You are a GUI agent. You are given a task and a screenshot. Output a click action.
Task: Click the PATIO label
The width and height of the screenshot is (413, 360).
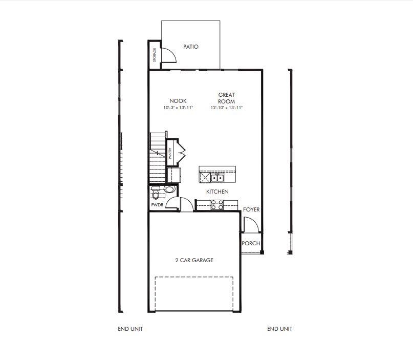pyautogui.click(x=191, y=47)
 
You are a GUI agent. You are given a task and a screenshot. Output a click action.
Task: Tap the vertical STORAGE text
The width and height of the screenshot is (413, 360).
pyautogui.click(x=154, y=55)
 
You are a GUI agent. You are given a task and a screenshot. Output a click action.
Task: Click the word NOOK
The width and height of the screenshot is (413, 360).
pyautogui.click(x=178, y=101)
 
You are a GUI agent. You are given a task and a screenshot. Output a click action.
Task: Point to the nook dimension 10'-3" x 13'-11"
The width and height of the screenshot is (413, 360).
pyautogui.click(x=178, y=108)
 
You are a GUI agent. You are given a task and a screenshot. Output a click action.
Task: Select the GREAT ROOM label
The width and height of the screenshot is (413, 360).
pyautogui.click(x=226, y=98)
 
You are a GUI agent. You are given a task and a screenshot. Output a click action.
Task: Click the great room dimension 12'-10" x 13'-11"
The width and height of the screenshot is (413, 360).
pyautogui.click(x=226, y=108)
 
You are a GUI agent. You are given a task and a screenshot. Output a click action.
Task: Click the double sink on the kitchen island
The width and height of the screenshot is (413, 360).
pyautogui.click(x=218, y=178)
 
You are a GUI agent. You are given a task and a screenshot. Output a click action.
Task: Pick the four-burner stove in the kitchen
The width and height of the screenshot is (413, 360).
pyautogui.click(x=216, y=204)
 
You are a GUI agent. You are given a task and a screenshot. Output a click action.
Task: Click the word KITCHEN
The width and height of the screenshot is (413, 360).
pyautogui.click(x=217, y=192)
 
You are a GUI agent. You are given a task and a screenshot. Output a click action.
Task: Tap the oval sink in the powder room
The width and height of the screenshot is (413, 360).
pyautogui.click(x=169, y=189)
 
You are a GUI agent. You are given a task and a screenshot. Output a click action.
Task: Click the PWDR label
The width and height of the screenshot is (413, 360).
pyautogui.click(x=157, y=205)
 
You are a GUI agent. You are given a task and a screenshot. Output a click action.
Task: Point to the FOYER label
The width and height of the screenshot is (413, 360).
pyautogui.click(x=251, y=209)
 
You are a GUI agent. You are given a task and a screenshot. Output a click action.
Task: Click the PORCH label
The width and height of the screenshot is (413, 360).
pyautogui.click(x=251, y=243)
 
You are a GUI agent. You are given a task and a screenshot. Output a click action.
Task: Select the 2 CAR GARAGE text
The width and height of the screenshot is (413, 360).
pyautogui.click(x=194, y=260)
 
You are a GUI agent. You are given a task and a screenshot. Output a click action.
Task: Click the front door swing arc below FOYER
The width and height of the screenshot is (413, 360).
pyautogui.click(x=250, y=224)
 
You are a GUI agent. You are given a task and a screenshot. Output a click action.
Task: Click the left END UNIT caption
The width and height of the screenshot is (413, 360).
pyautogui.click(x=130, y=329)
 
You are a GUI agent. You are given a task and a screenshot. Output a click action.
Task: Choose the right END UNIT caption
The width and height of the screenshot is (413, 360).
pyautogui.click(x=279, y=329)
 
